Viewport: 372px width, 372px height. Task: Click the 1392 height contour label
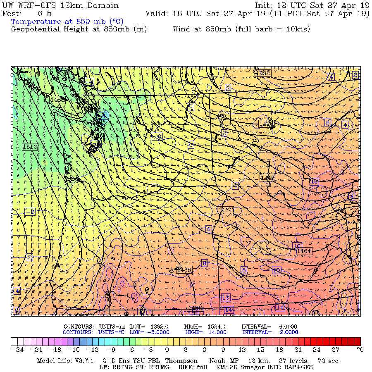pyautogui.click(x=263, y=74)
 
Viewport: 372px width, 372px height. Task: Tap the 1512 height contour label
pyautogui.click(x=30, y=147)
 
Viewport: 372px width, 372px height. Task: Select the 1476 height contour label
pyautogui.click(x=266, y=124)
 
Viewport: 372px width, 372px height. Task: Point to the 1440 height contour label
pyautogui.click(x=267, y=177)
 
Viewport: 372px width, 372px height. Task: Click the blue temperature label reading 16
pyautogui.click(x=314, y=181)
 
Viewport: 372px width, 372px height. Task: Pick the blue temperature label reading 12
pyautogui.click(x=225, y=298)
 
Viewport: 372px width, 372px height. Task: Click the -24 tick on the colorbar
pyautogui.click(x=17, y=350)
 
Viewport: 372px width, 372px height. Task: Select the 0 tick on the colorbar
pyautogui.click(x=167, y=350)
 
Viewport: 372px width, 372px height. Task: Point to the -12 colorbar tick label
pyautogui.click(x=92, y=350)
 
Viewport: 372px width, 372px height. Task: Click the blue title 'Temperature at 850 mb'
pyautogui.click(x=67, y=21)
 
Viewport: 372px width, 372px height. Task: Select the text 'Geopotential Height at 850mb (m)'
pyautogui.click(x=79, y=29)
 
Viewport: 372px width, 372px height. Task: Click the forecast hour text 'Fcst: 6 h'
pyautogui.click(x=27, y=14)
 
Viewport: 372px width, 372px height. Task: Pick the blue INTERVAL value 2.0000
pyautogui.click(x=289, y=332)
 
